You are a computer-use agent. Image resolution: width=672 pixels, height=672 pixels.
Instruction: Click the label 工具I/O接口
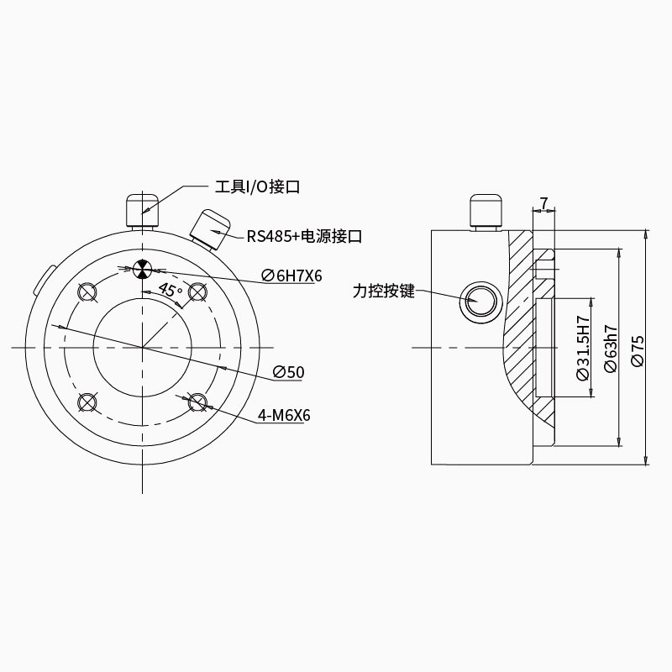tap(257, 186)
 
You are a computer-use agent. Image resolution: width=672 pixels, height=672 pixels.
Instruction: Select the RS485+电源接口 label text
tap(304, 236)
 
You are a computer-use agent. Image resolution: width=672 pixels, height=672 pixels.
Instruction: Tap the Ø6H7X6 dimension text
tap(291, 276)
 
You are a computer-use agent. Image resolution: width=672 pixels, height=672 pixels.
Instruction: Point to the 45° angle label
tap(171, 290)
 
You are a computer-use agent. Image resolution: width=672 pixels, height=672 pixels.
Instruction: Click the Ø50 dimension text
tap(288, 372)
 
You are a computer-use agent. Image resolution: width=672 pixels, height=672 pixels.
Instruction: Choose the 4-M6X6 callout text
tap(284, 415)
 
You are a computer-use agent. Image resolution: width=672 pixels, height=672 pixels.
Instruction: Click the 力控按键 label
tap(384, 291)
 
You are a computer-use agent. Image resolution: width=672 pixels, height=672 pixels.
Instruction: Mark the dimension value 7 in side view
tap(543, 202)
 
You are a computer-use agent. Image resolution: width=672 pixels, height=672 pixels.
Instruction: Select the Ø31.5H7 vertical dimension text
tap(583, 348)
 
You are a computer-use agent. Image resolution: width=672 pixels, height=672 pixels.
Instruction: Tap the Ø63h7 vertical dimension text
tap(611, 349)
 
